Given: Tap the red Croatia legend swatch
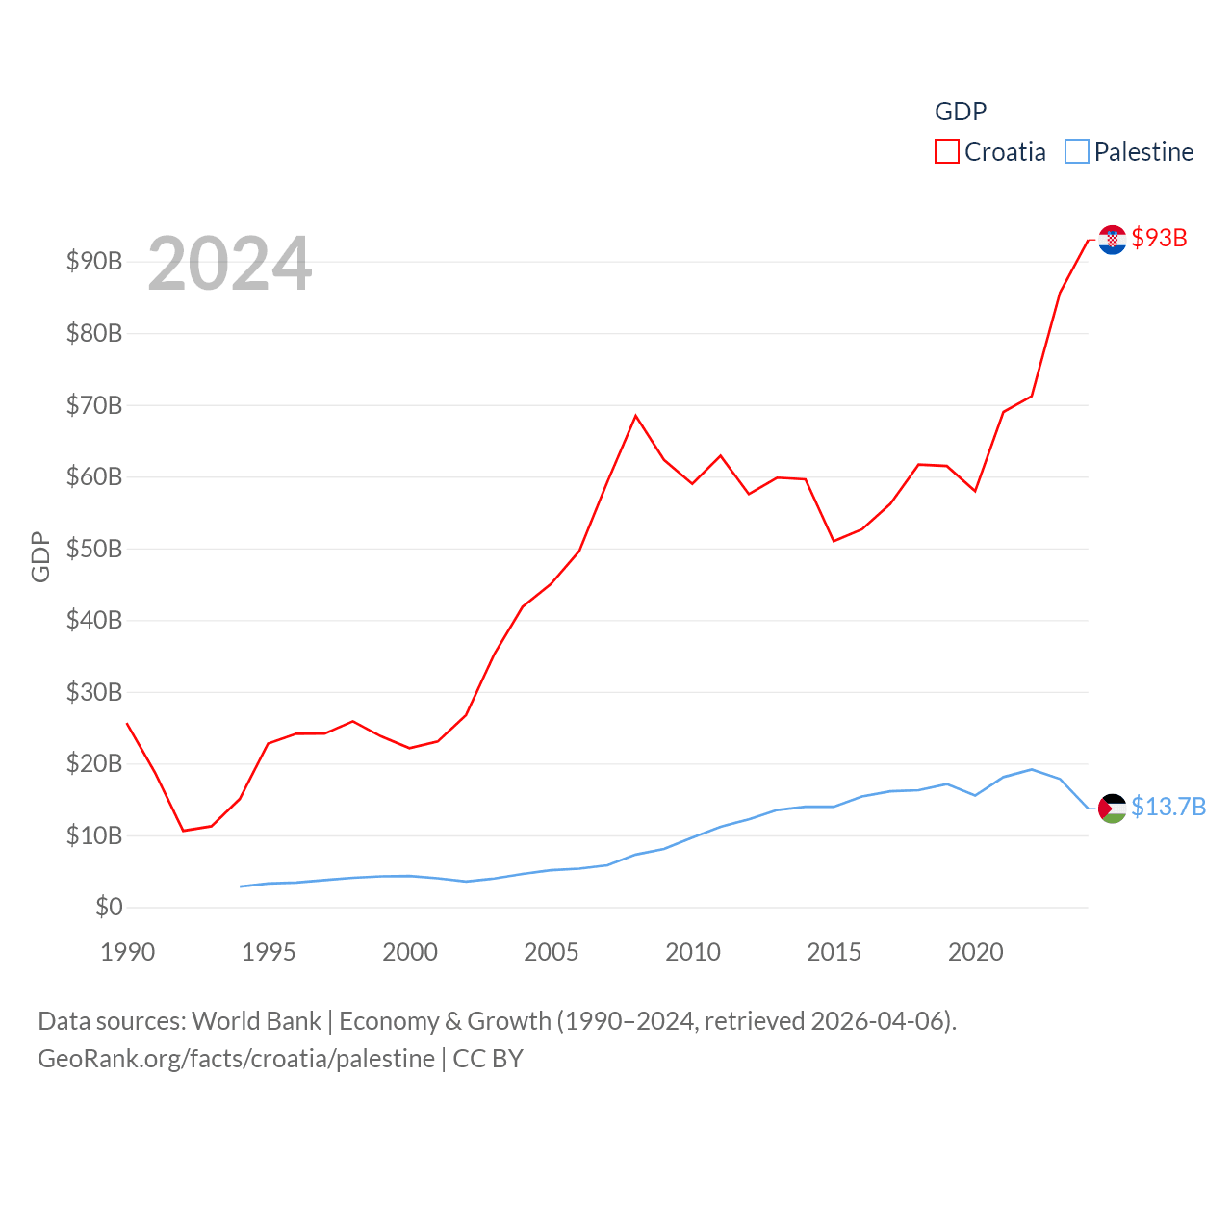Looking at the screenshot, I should coord(947,152).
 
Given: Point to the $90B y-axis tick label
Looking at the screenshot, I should coord(94,261).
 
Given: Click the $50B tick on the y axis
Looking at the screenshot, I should coord(94,549).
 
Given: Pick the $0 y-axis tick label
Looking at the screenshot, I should coord(109,907).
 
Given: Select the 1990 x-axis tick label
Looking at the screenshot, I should coord(127,952).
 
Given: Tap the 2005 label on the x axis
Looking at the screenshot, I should coord(552,952).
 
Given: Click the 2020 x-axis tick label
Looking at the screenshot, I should coord(975,952).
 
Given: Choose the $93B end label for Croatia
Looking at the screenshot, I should coord(1159,238).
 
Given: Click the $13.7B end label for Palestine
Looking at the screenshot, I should coord(1168,807).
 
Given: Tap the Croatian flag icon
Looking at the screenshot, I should coord(1113,240).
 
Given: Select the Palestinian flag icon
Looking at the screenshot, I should coord(1113,808).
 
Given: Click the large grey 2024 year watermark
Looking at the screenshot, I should coord(230,264).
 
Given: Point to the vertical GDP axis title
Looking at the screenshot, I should coord(40,556).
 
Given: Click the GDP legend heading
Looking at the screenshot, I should coord(961,112).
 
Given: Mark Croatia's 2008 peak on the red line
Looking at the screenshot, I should coord(635,416).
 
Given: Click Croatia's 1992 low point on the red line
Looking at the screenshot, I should coord(183,831).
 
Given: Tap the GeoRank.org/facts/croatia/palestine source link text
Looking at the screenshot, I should coord(236,1059).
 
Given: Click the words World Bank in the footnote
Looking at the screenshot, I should coord(256,1020).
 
